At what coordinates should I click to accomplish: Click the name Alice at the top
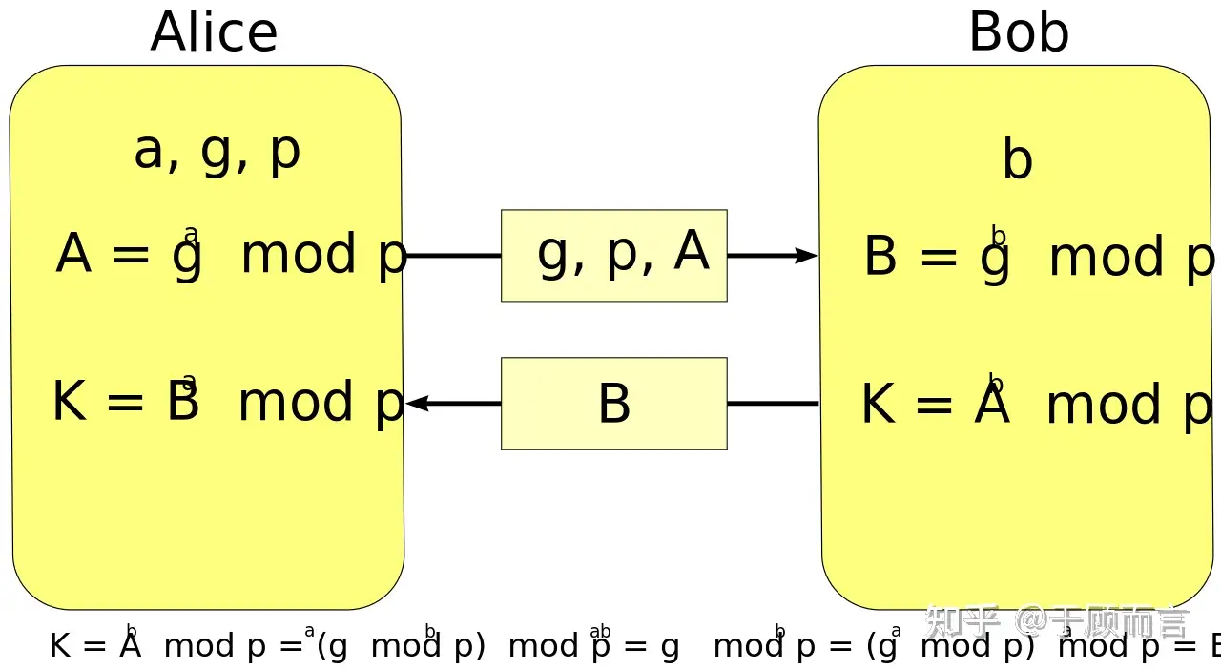point(214,32)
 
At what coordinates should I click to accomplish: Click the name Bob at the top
point(1018,32)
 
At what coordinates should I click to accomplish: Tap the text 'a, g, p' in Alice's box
point(217,152)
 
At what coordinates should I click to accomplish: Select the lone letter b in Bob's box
point(1018,159)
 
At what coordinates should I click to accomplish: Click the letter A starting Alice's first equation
point(74,255)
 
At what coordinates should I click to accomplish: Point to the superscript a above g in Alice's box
point(191,235)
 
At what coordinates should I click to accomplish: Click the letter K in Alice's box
point(70,402)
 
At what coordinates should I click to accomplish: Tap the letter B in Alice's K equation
point(182,402)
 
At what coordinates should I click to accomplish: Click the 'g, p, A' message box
point(614,255)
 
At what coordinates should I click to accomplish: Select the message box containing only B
point(614,403)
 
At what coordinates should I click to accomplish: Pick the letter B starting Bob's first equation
point(880,258)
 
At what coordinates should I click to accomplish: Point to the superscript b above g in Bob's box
point(999,236)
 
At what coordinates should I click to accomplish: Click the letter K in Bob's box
point(878,405)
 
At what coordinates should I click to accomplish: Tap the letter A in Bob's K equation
point(992,405)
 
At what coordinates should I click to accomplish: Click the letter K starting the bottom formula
point(60,646)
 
